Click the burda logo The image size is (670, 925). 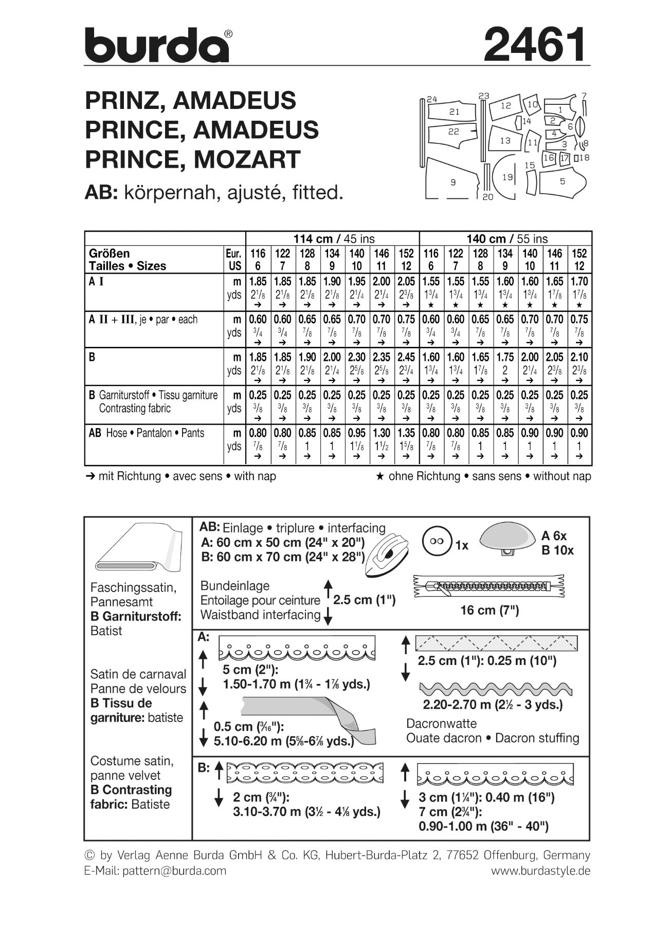[x=157, y=45]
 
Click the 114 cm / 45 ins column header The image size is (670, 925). [x=334, y=238]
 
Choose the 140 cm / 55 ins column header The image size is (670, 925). [x=507, y=238]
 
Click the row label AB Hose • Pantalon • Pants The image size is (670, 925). [x=147, y=433]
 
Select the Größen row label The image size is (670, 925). [x=109, y=253]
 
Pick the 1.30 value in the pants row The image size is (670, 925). [x=381, y=433]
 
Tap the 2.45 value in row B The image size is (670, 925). [x=406, y=357]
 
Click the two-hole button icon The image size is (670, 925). [x=436, y=542]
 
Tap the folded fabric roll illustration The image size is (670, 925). [x=137, y=548]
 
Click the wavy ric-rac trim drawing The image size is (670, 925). [x=496, y=689]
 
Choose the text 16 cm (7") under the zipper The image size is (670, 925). [x=490, y=610]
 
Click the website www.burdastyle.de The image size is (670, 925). [x=540, y=871]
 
